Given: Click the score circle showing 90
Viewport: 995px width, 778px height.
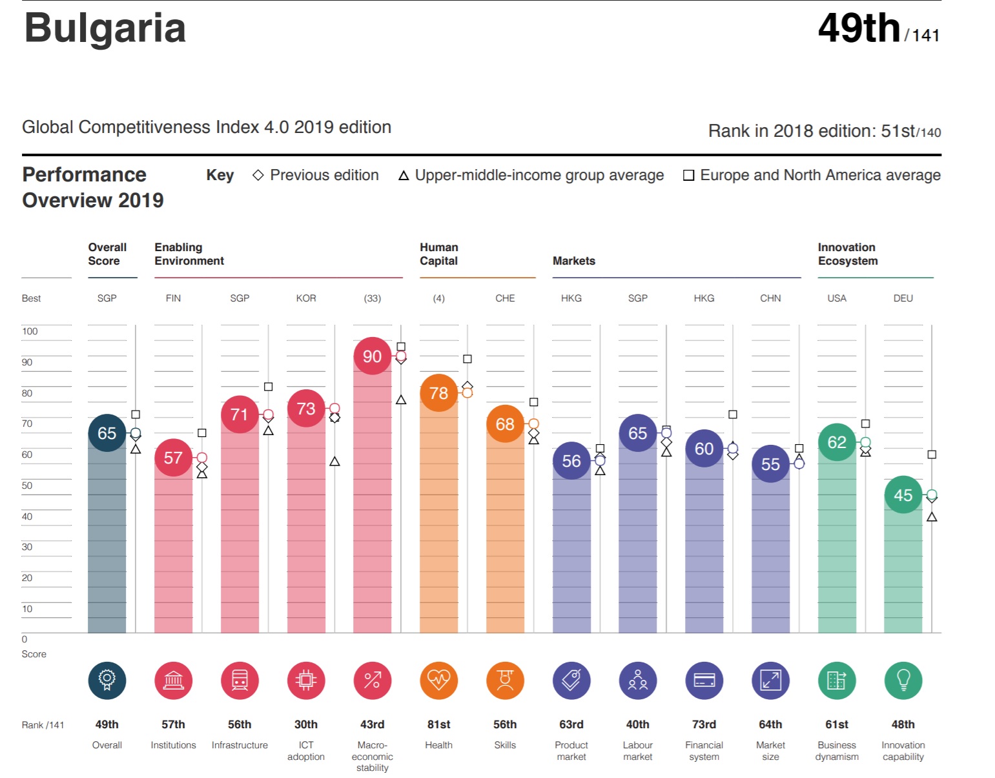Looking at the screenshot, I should pyautogui.click(x=372, y=356).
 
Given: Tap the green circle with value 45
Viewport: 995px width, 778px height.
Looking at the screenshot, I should pyautogui.click(x=903, y=495).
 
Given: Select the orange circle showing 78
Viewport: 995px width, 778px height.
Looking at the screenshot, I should pyautogui.click(x=438, y=393).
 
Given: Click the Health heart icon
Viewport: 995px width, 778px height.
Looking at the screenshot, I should pyautogui.click(x=438, y=680).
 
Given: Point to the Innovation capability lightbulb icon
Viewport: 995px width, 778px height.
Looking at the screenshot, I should pyautogui.click(x=903, y=680).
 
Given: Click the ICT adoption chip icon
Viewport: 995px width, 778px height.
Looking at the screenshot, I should pyautogui.click(x=306, y=680).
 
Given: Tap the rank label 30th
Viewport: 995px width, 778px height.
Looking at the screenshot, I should pyautogui.click(x=306, y=724).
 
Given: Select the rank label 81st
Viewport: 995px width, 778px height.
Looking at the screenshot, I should pyautogui.click(x=438, y=724).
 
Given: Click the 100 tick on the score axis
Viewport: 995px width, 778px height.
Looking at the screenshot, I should pyautogui.click(x=30, y=331).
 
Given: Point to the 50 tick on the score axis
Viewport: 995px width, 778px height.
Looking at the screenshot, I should pyautogui.click(x=27, y=486).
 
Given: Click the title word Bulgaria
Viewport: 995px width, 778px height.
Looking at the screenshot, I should pyautogui.click(x=105, y=28).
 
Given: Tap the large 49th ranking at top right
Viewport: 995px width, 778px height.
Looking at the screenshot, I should pyautogui.click(x=859, y=28).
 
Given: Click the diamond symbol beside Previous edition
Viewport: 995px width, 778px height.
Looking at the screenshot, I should pyautogui.click(x=258, y=175).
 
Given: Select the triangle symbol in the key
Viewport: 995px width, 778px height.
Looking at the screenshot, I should pyautogui.click(x=404, y=176).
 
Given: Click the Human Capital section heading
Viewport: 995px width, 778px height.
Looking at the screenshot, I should pyautogui.click(x=438, y=254).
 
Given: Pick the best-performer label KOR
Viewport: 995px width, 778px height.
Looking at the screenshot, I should pyautogui.click(x=306, y=298).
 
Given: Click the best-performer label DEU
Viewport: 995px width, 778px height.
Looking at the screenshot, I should pyautogui.click(x=903, y=298).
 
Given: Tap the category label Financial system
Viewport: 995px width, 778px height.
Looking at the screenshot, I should pyautogui.click(x=704, y=750).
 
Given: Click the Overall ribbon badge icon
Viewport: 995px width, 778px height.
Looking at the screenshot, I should pyautogui.click(x=107, y=680).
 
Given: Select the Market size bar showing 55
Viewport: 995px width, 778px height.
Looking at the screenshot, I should pyautogui.click(x=770, y=549).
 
